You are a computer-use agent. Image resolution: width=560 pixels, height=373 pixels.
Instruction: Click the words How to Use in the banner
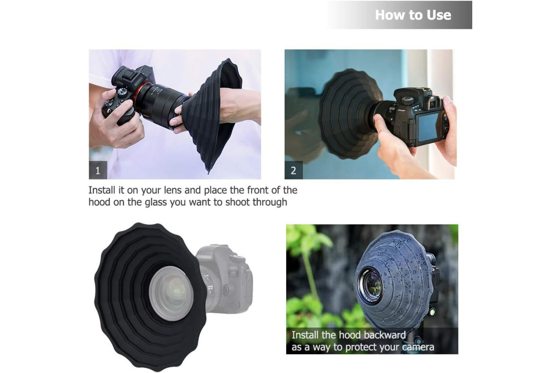click(x=413, y=15)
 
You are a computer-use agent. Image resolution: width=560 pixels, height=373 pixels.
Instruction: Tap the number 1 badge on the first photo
click(x=98, y=170)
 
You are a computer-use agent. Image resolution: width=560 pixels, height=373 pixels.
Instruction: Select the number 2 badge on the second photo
click(x=294, y=170)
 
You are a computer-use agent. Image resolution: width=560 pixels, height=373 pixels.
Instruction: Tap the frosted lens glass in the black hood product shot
click(x=172, y=293)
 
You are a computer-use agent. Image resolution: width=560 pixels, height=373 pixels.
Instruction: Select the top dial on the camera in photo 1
click(x=122, y=92)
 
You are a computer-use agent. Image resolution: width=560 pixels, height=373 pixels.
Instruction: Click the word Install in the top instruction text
click(x=102, y=190)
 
